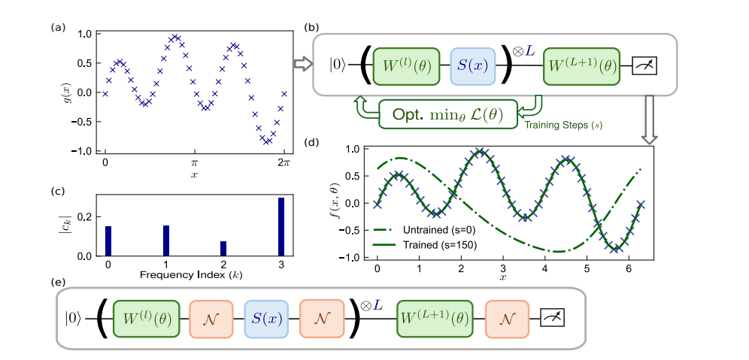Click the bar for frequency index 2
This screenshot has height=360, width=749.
pos(223,248)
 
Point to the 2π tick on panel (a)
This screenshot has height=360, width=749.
pos(284,162)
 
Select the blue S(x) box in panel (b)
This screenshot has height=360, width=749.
pos(470,66)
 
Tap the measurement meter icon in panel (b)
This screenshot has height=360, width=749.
pos(645,66)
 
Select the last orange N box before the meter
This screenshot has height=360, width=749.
pos(508,319)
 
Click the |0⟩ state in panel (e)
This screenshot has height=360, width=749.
pos(74,319)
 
